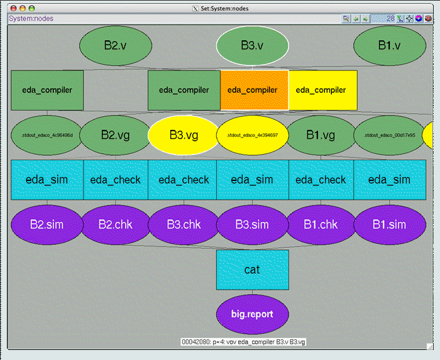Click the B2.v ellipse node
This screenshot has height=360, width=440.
116,45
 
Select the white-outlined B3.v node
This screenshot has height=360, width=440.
253,45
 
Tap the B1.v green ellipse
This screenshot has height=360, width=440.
390,45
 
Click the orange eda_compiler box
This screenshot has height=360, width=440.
254,90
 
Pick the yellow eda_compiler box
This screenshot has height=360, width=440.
322,90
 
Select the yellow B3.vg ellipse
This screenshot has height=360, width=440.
184,134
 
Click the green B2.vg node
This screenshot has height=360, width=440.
116,134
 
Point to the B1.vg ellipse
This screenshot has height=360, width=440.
321,134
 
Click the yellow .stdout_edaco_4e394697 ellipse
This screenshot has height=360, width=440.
252,134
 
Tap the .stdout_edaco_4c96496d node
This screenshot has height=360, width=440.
47,134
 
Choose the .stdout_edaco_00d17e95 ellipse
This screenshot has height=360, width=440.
389,134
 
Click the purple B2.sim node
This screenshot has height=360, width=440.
47,224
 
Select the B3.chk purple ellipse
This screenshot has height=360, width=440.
184,224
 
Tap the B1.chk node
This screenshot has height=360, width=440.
321,224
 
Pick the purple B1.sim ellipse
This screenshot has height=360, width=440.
389,224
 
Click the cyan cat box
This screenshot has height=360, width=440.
253,270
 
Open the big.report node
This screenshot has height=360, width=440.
253,314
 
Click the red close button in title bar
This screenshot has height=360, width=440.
12,8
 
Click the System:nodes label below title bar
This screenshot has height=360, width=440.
31,18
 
